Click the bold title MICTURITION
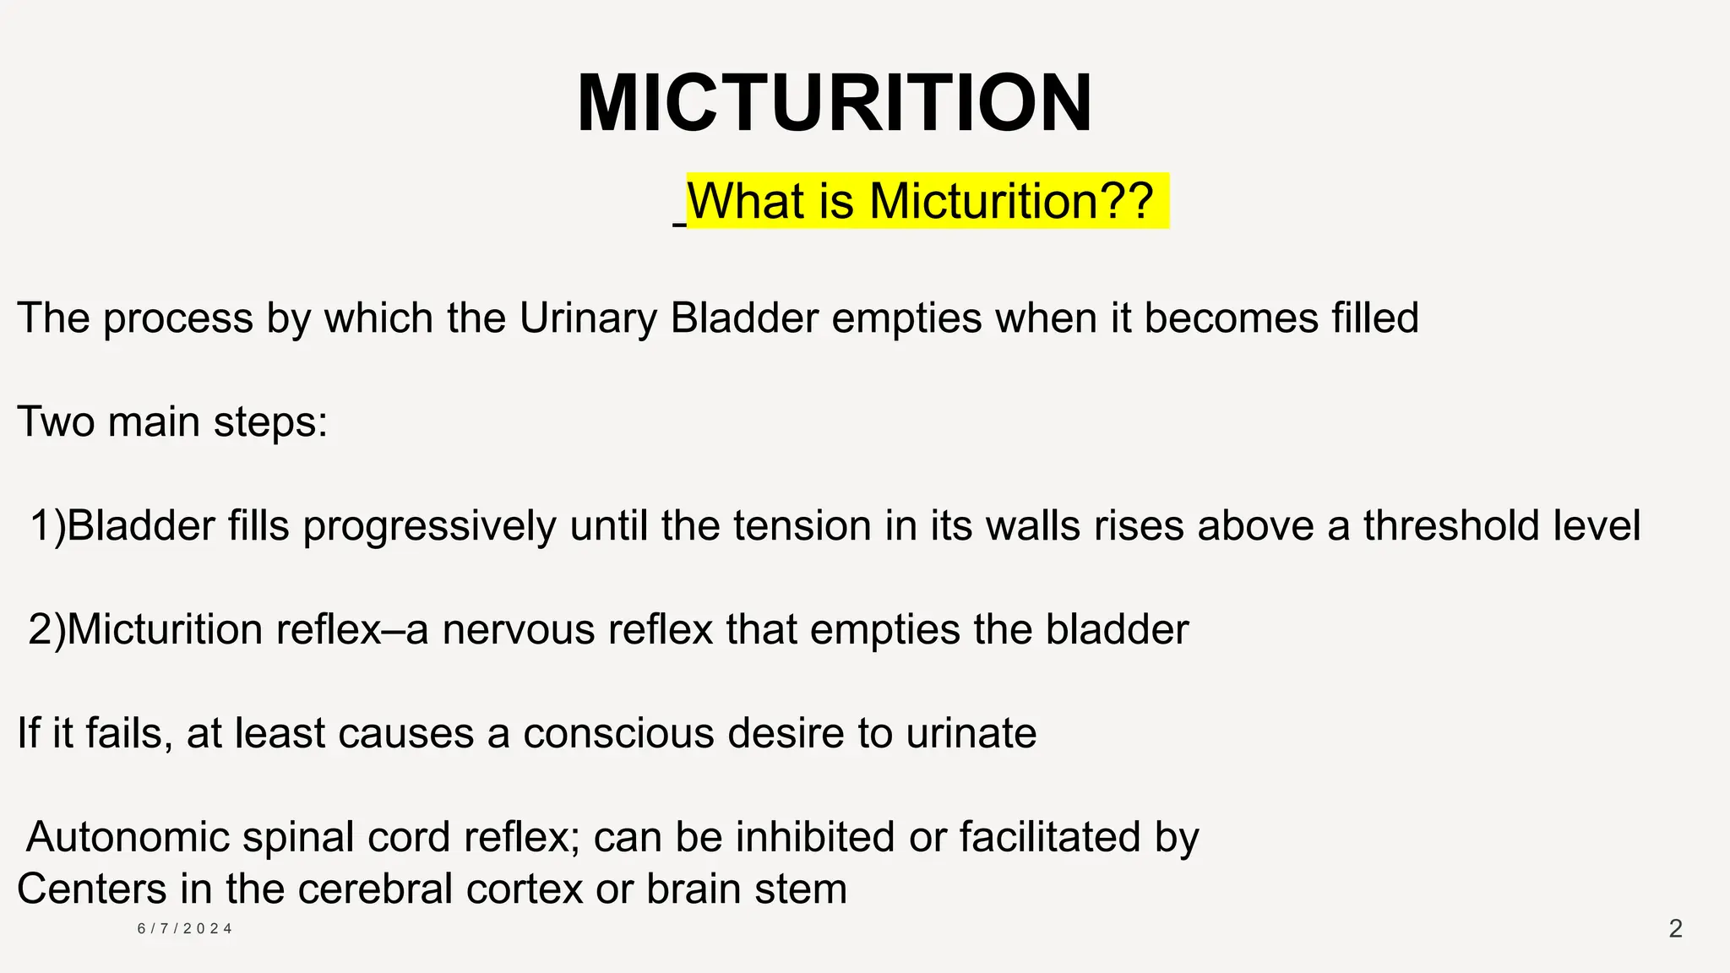click(x=835, y=103)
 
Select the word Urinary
click(x=588, y=319)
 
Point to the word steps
click(x=269, y=422)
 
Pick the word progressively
click(x=429, y=526)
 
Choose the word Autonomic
click(x=128, y=837)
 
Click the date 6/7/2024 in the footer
click(x=185, y=929)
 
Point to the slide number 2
click(x=1676, y=929)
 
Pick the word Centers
click(x=91, y=889)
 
